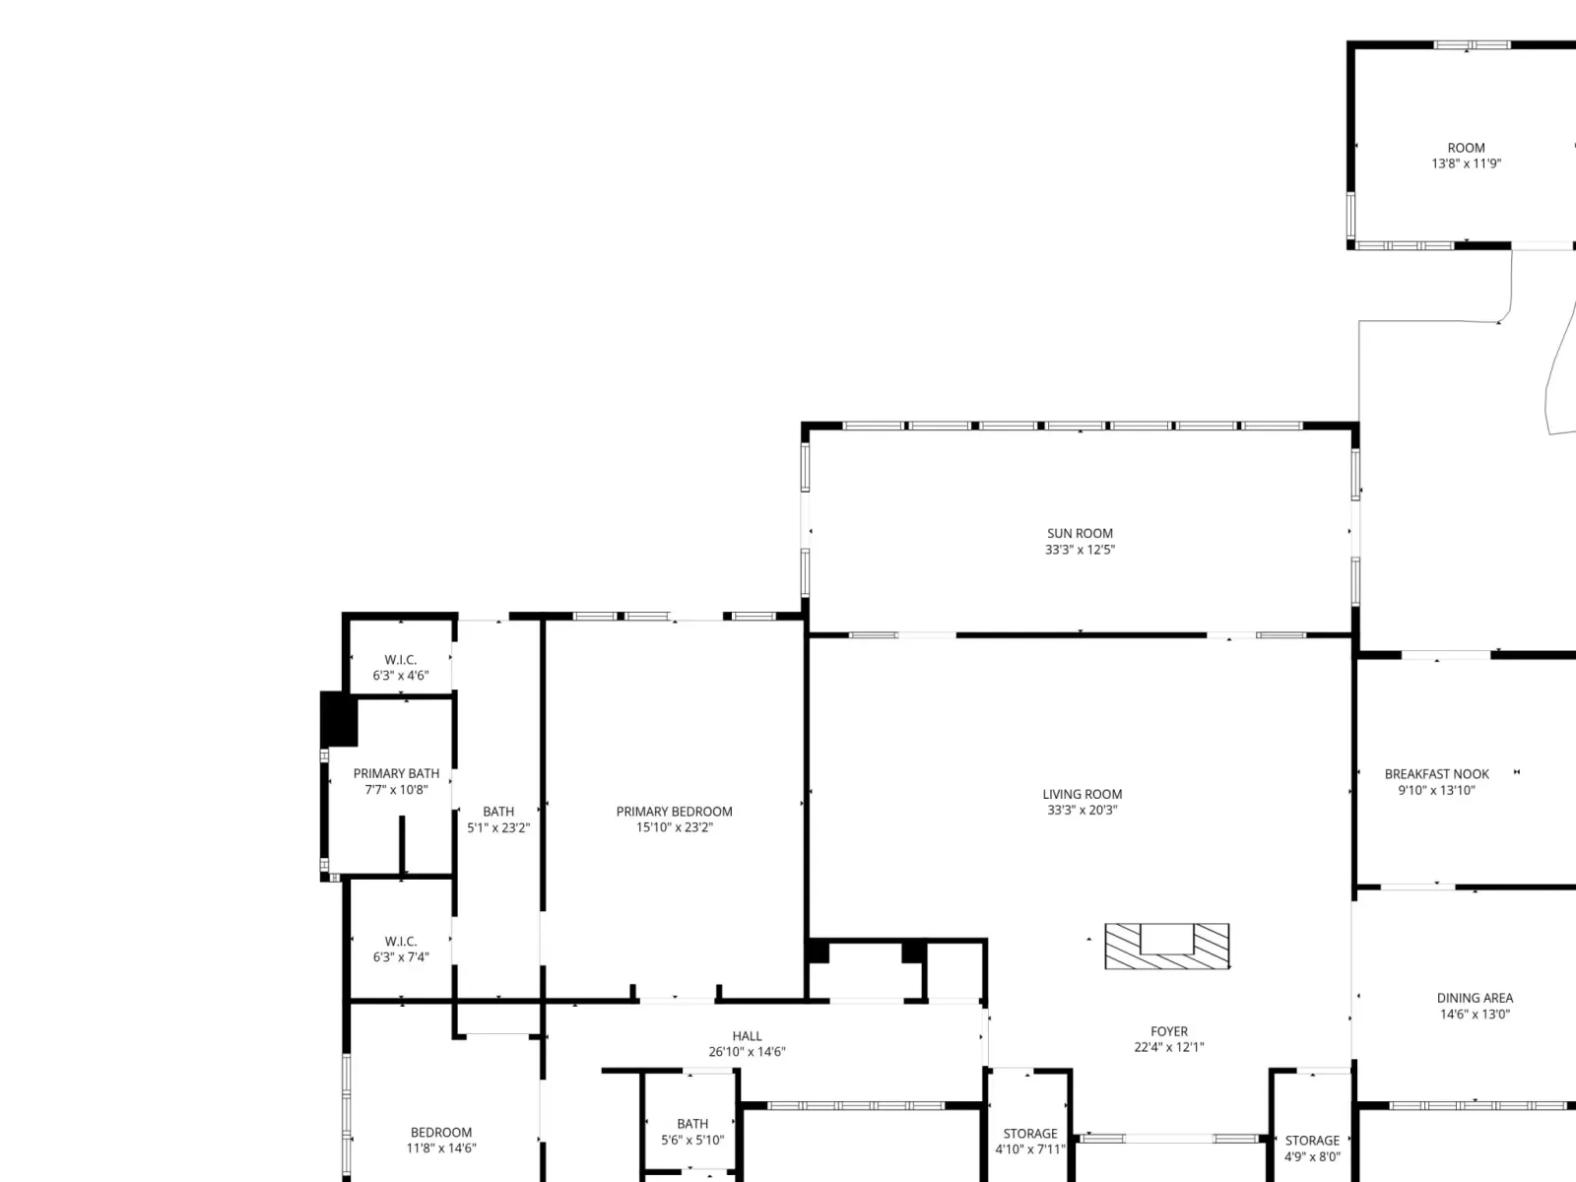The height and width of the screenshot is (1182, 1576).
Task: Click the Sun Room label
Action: point(1080,533)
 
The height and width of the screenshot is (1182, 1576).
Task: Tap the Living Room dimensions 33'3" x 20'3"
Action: point(1082,811)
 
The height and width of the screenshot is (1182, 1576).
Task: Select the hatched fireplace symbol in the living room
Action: point(1167,946)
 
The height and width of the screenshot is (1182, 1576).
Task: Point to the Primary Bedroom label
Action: point(674,812)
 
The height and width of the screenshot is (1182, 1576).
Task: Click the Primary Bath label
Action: point(396,773)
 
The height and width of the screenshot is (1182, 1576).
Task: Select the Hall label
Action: point(747,1036)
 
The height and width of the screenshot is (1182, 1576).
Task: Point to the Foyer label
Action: point(1169,1031)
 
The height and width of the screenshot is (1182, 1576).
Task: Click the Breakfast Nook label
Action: point(1437,774)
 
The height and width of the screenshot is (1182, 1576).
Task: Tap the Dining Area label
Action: point(1475,998)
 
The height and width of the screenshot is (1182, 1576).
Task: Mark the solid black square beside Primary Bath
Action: point(338,719)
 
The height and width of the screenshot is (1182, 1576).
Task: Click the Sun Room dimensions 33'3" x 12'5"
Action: point(1080,550)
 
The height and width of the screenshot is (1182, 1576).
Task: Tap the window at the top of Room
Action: point(1472,45)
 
